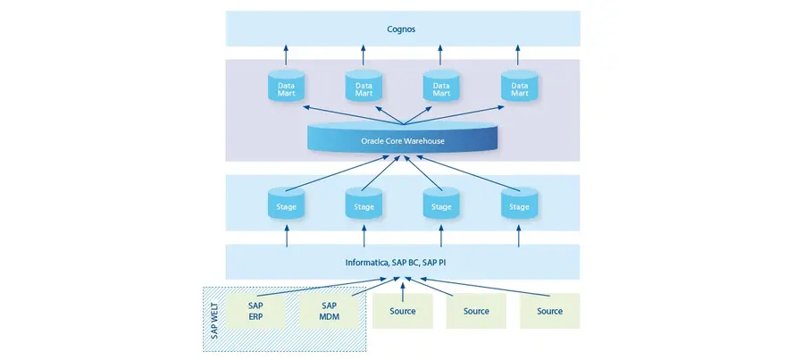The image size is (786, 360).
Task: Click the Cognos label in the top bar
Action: tap(402, 29)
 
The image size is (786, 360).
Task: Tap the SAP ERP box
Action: tap(255, 310)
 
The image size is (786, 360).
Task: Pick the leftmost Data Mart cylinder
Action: tap(287, 86)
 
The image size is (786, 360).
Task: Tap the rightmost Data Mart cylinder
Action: tap(519, 86)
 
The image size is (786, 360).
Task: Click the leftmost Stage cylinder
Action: tap(287, 204)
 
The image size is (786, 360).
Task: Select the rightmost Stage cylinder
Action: tap(519, 204)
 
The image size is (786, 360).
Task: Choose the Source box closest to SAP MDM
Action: tap(402, 311)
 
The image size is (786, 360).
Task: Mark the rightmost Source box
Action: tap(550, 311)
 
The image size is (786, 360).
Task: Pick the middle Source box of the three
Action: tap(476, 311)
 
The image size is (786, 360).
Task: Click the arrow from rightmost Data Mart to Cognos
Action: tap(519, 56)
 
